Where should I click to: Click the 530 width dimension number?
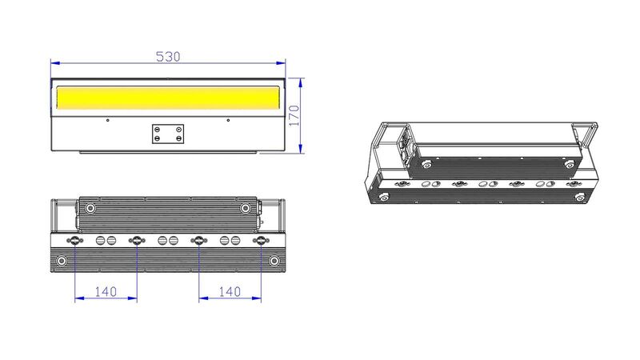[168, 56]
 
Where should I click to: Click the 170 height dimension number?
[294, 115]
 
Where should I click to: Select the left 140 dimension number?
[106, 291]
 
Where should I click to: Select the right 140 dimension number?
[230, 291]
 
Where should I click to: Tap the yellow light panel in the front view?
[168, 98]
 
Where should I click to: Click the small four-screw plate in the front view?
[168, 134]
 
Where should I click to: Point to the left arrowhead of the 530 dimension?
[55, 63]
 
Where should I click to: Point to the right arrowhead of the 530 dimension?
[281, 63]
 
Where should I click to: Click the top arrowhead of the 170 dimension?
[301, 83]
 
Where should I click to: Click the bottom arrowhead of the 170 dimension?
[301, 149]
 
